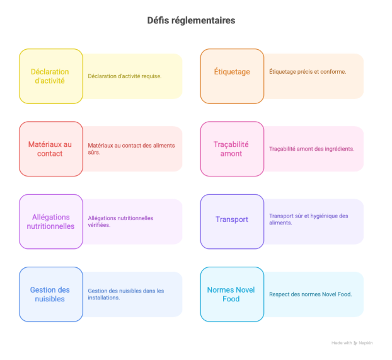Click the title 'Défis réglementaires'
191,21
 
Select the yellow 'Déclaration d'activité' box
50,76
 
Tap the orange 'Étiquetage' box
232,72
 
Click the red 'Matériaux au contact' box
50,149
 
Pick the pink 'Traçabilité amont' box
232,149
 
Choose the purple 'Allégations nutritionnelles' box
50,222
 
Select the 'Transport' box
232,220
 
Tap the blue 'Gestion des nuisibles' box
50,294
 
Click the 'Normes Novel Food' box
232,294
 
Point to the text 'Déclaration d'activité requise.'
125,76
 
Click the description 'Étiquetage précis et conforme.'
308,72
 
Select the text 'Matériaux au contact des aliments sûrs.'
131,149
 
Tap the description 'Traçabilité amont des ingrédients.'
311,149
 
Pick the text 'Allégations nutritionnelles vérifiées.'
120,221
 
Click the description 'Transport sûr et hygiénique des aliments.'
308,219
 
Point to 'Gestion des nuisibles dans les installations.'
126,294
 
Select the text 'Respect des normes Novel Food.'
310,294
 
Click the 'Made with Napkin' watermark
352,343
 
